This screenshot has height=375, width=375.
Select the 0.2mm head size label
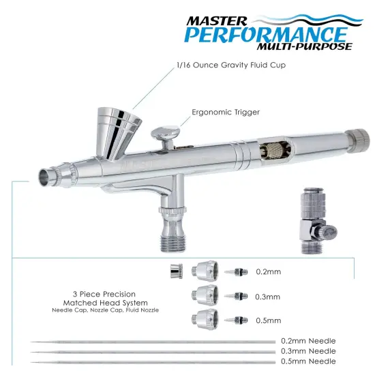[268, 271]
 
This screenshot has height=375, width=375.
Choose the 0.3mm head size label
[268, 297]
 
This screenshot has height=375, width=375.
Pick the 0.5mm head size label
[268, 320]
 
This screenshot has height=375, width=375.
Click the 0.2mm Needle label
[308, 341]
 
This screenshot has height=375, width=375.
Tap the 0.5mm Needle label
[308, 361]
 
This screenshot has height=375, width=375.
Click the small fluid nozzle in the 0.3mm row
[239, 297]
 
